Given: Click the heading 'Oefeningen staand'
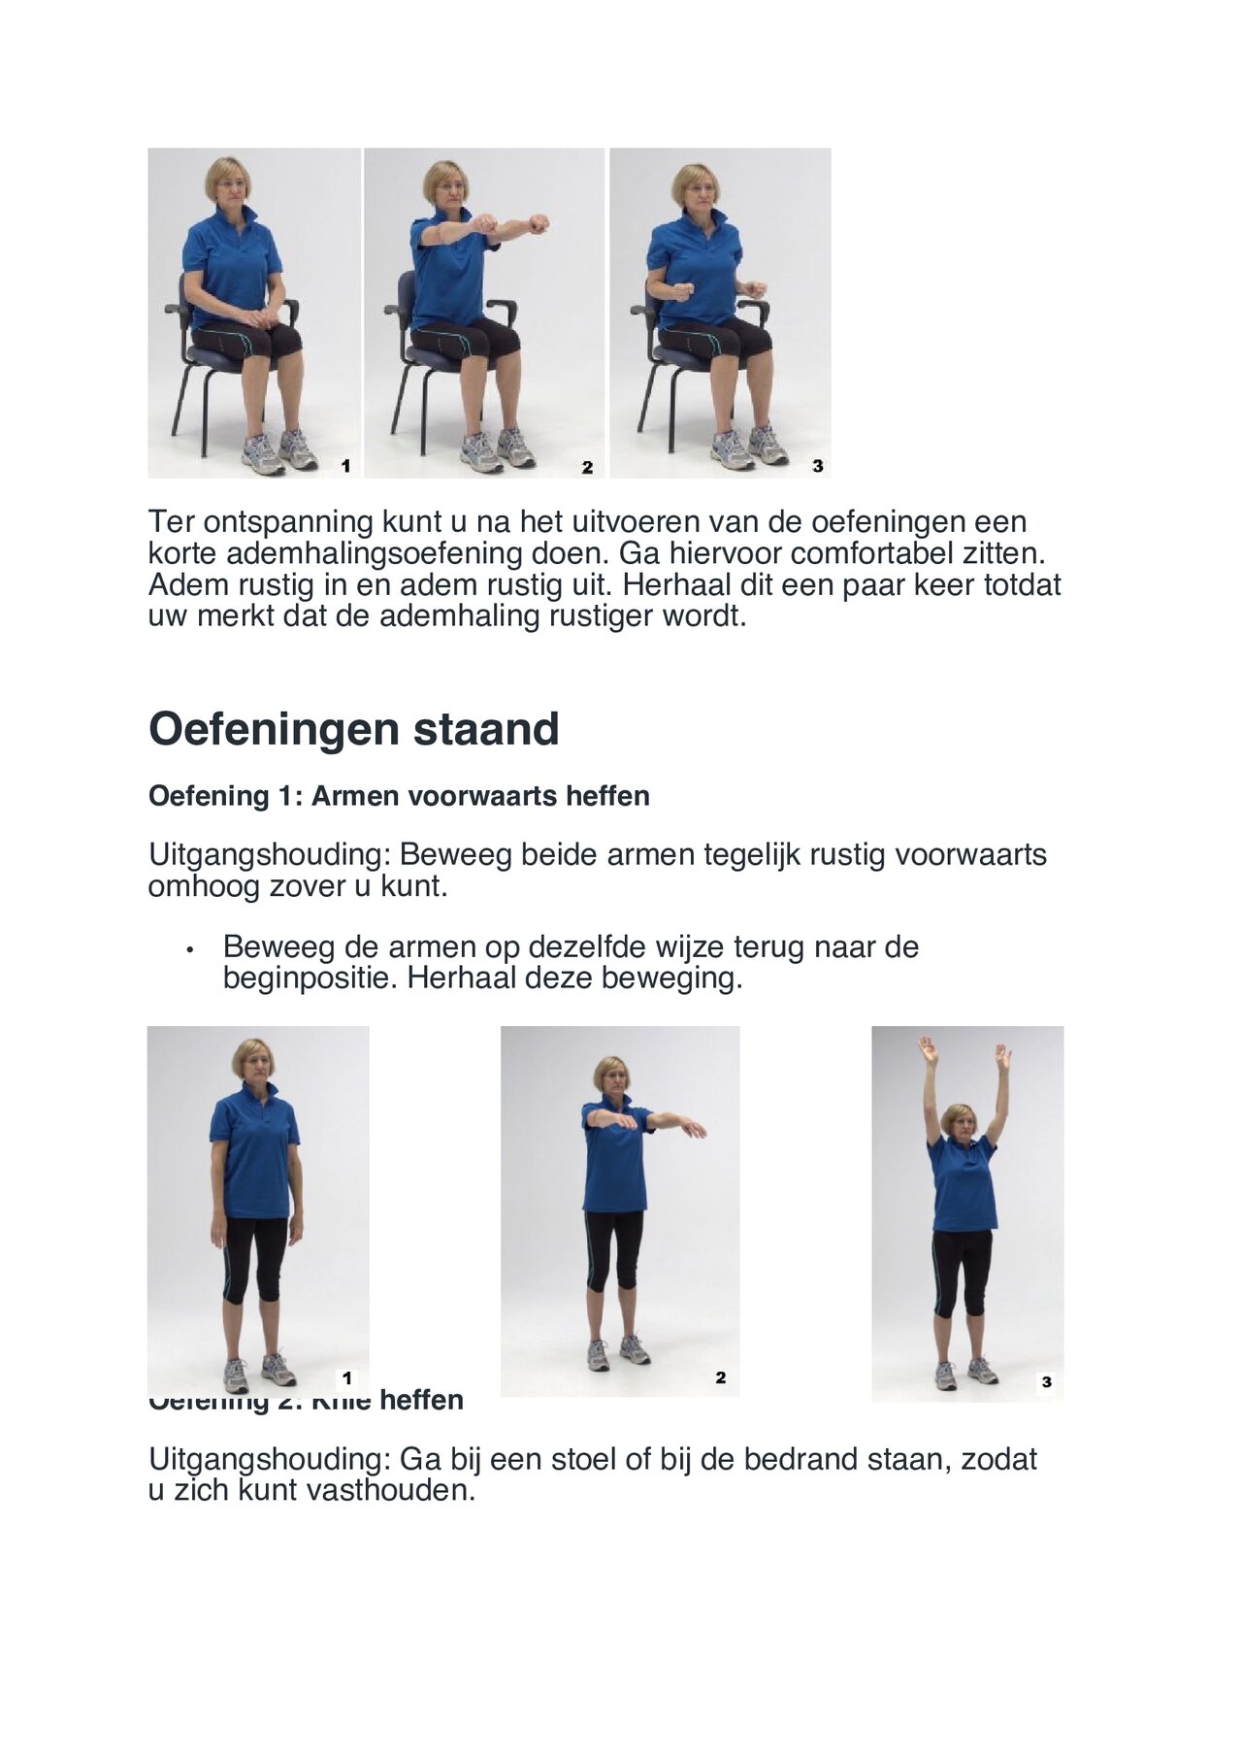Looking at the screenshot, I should point(353,729).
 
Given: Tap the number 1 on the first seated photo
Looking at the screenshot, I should point(345,467).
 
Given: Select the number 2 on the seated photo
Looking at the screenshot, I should point(587,468).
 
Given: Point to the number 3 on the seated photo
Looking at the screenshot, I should point(818,467).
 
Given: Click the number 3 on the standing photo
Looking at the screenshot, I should point(1046,1382).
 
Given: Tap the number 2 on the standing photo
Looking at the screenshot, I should point(720,1377).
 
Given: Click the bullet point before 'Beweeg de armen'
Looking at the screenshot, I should point(190,948).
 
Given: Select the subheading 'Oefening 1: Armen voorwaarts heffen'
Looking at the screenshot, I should point(399,796).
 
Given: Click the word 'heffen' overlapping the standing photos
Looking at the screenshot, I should point(421,1401).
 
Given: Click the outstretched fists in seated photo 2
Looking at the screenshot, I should point(509,224).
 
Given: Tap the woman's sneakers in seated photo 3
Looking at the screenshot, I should point(748,446).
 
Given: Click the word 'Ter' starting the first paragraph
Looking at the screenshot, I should point(172,522).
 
